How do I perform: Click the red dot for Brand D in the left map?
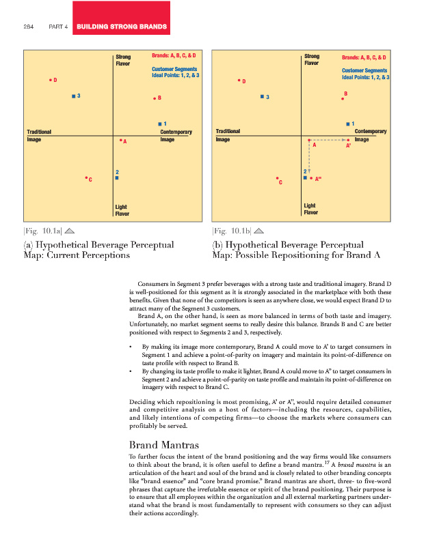coord(50,81)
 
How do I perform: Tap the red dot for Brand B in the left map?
coord(154,98)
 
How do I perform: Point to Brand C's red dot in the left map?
coord(86,178)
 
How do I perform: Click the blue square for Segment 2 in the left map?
coord(117,177)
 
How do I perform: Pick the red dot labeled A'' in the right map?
coord(312,178)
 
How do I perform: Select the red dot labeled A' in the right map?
coord(347,140)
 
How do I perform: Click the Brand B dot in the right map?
coord(343,99)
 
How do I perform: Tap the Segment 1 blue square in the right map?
coord(348,124)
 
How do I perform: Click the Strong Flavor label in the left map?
coord(123,61)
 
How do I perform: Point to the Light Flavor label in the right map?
coord(310,209)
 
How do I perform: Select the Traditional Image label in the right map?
coord(228,135)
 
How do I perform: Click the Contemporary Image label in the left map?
coord(175,135)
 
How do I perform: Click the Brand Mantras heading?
coord(159,444)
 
